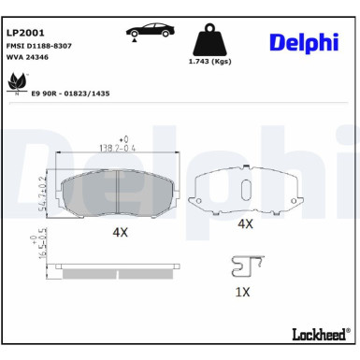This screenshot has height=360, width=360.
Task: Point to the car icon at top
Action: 151,31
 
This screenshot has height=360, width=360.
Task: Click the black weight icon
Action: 211,41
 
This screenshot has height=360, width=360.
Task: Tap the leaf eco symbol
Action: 17,85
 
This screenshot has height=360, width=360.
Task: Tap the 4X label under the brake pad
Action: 120,230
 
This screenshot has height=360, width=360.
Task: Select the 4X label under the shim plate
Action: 245,224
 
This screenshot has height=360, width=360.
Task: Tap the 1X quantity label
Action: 241,291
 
